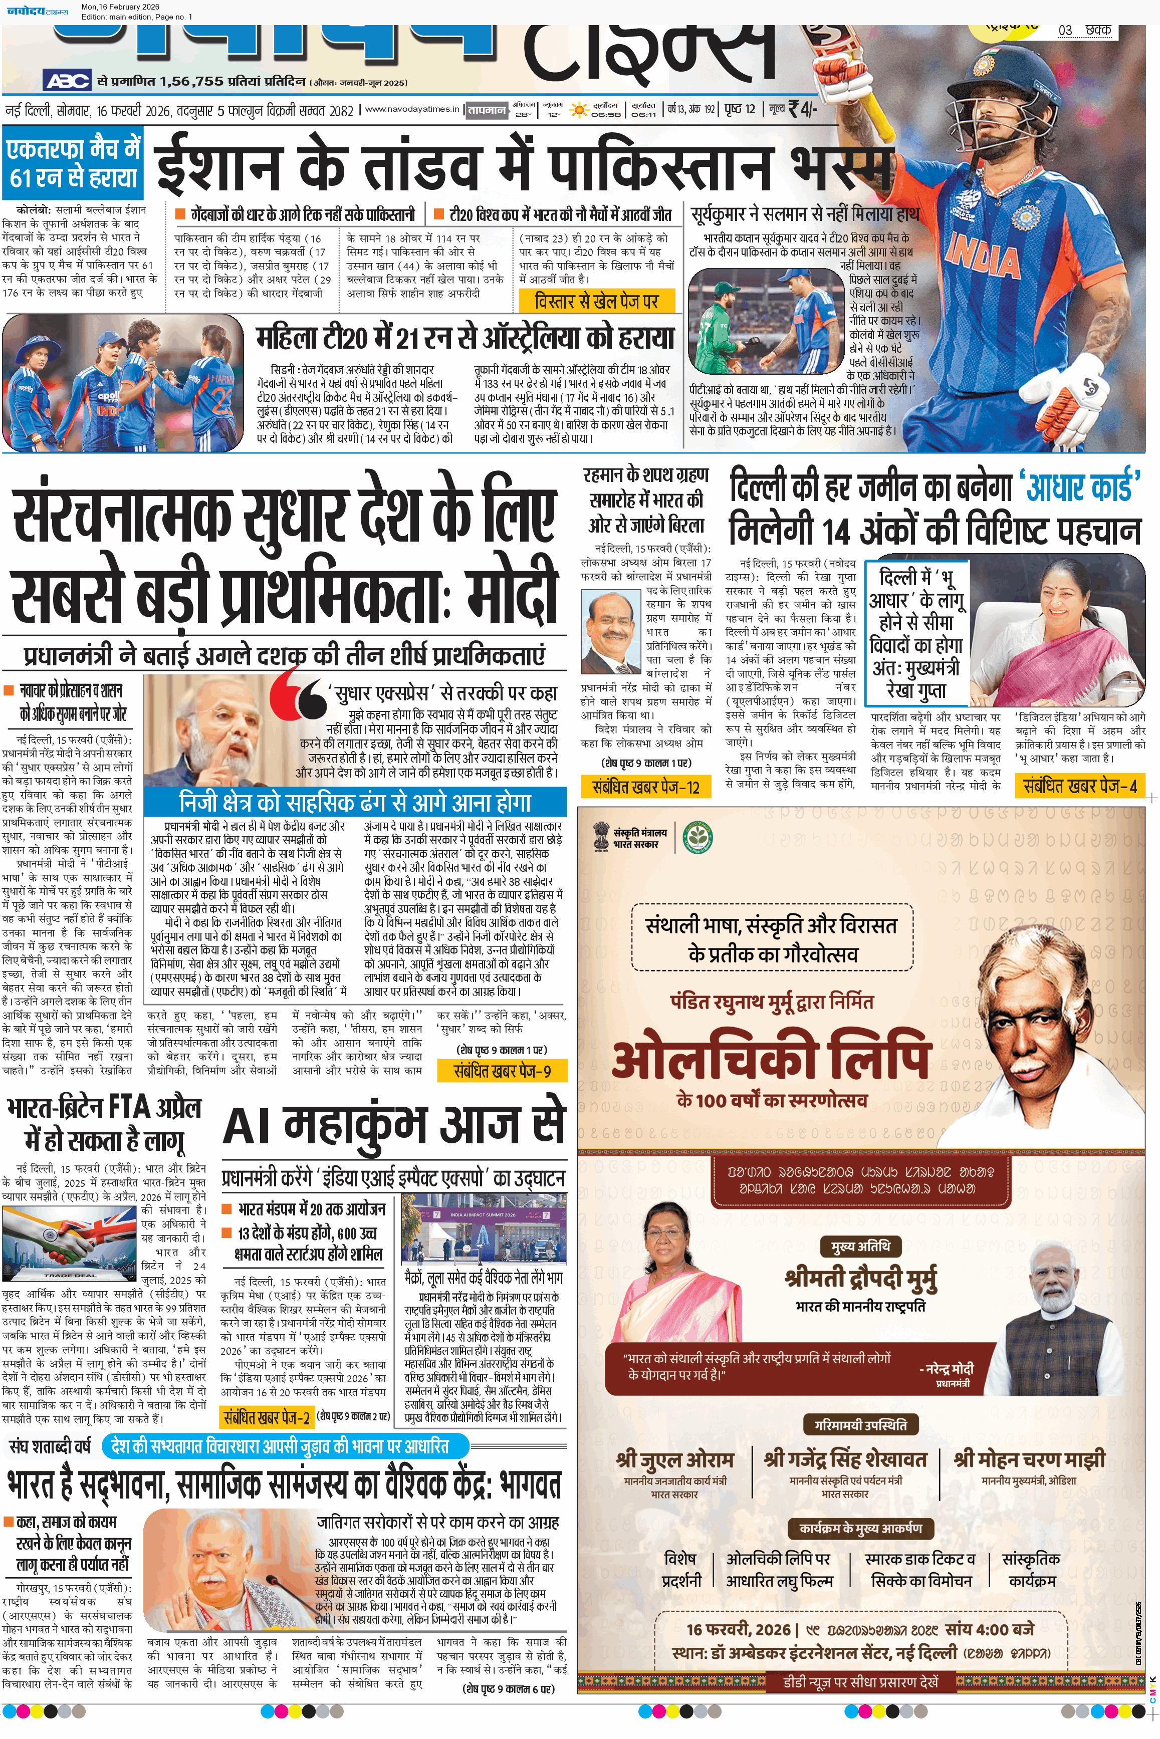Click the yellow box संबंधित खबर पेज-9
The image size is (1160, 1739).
tap(502, 1070)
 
